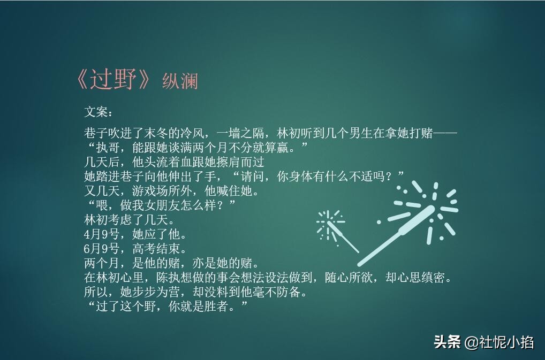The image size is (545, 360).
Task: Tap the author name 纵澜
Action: click(180, 81)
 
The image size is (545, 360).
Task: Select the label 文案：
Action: click(99, 112)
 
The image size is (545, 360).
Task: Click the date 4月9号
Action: click(102, 234)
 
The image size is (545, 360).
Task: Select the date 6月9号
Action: click(102, 249)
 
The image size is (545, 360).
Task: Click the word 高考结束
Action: click(156, 249)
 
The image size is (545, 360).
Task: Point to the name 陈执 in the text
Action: click(168, 278)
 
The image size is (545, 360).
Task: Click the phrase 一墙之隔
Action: click(240, 133)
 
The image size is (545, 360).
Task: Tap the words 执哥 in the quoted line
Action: click(108, 148)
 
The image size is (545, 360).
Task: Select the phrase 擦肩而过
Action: click(240, 162)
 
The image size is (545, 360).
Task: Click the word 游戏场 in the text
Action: click(150, 191)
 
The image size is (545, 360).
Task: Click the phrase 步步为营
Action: click(156, 292)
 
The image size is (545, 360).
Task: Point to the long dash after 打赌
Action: click(445, 133)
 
